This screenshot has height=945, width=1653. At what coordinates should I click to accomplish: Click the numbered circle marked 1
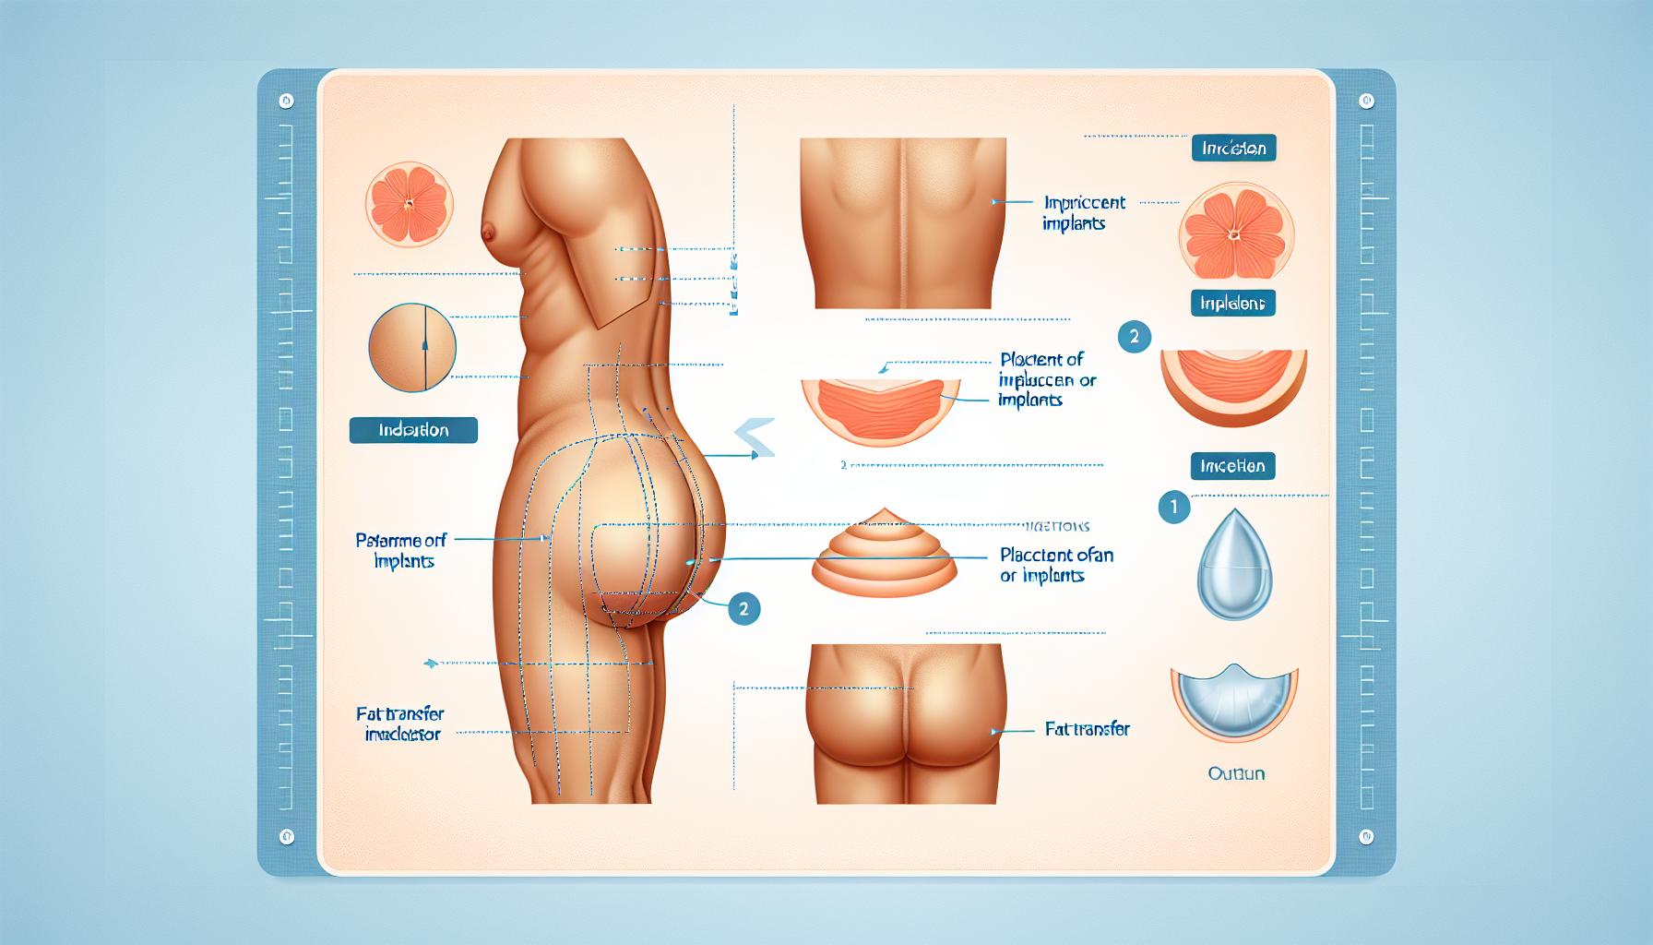[1174, 508]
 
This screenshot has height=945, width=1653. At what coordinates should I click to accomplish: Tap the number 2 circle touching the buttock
[743, 609]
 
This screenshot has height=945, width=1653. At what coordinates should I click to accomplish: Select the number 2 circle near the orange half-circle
[1134, 337]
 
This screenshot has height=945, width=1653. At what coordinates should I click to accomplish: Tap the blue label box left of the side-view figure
[413, 430]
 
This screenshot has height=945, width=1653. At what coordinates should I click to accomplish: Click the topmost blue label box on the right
[1233, 149]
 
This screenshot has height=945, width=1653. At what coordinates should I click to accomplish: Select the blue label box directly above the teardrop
[1232, 466]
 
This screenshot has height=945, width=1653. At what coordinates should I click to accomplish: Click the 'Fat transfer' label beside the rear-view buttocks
[1088, 729]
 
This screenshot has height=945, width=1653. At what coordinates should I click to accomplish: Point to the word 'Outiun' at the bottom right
[1236, 773]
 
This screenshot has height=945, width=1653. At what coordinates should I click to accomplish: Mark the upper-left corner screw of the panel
[287, 101]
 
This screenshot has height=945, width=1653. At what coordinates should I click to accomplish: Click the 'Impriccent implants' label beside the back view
[1084, 212]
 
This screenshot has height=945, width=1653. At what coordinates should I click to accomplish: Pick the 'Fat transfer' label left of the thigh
[400, 724]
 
